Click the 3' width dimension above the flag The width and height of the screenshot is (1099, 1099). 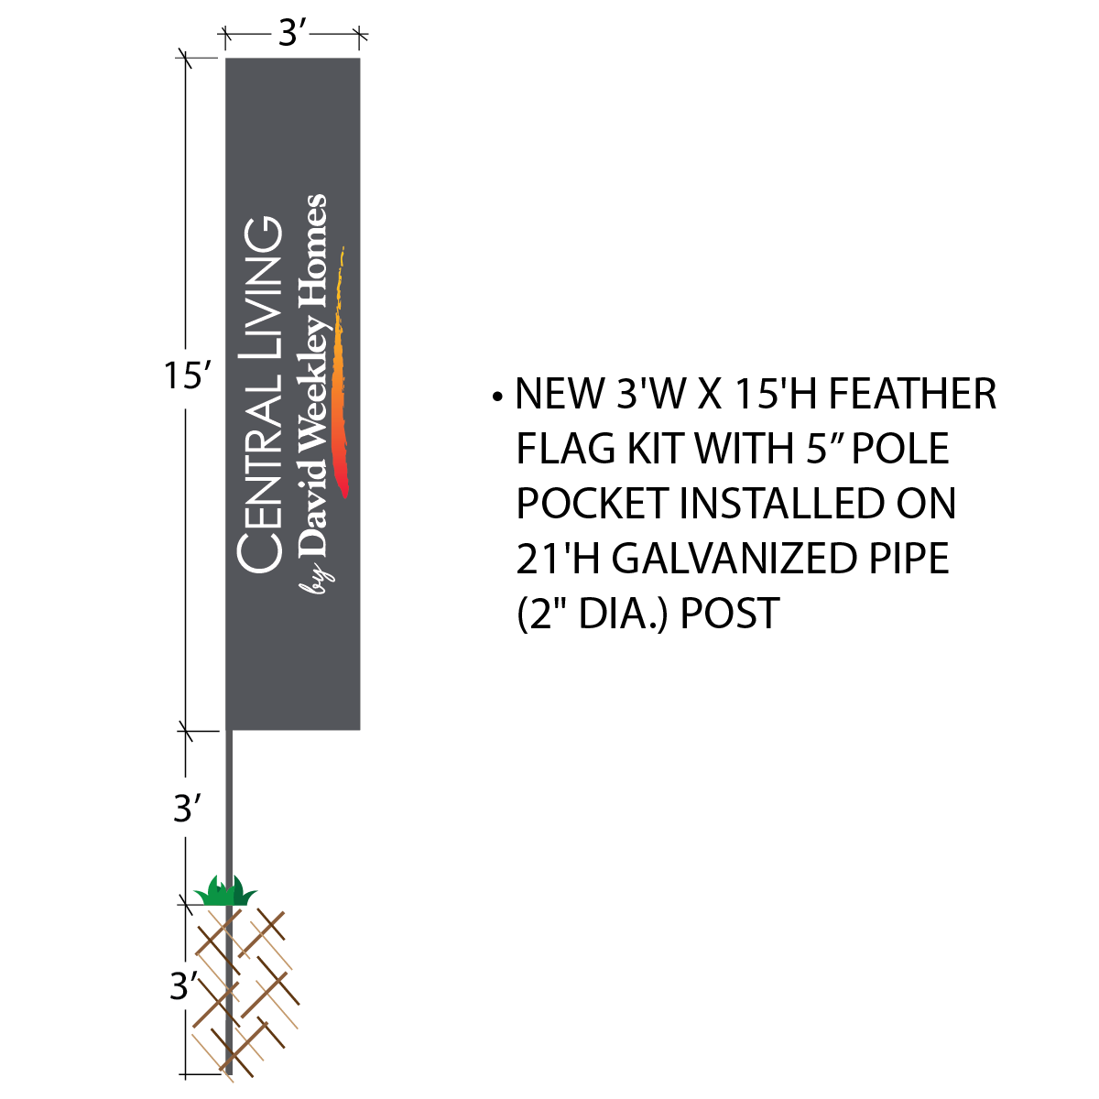pos(293,34)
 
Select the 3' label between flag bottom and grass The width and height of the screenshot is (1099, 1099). pos(187,809)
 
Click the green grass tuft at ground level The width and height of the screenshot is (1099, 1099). pos(226,892)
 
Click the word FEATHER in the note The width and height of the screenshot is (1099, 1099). pos(912,394)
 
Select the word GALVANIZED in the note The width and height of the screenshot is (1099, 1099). pos(734,559)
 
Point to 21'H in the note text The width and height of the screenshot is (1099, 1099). pos(558,559)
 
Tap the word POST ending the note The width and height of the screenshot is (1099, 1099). pos(730,613)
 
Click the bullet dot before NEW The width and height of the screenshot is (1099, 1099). pos(497,397)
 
